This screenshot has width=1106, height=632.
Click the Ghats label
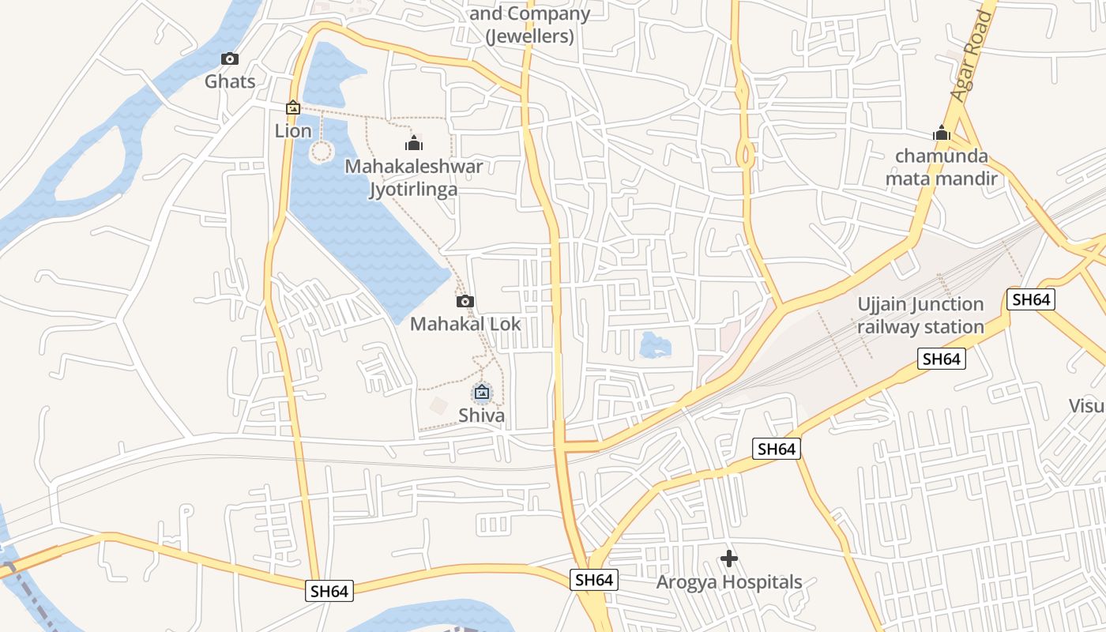[x=230, y=81]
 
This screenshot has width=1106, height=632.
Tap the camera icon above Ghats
[x=230, y=59]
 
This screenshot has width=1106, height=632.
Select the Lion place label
[x=293, y=130]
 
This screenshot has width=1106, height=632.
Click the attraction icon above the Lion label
[x=293, y=107]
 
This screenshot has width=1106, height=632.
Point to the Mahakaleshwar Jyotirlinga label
[x=413, y=178]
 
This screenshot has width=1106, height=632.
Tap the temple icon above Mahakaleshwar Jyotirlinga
[x=414, y=143]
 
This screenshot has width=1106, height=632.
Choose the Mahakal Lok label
[x=465, y=323]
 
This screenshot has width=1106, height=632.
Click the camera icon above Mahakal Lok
[x=465, y=301]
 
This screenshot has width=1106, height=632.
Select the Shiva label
[x=481, y=415]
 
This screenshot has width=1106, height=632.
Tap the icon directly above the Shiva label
[x=482, y=392]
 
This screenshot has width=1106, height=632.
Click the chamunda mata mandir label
[x=941, y=167]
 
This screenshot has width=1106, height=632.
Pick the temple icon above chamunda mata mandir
[x=941, y=133]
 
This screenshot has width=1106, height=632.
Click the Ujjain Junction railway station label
[x=920, y=315]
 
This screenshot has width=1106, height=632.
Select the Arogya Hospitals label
[x=729, y=582]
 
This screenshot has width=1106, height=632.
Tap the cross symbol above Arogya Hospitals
[x=729, y=559]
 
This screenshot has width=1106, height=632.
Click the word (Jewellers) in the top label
[x=529, y=36]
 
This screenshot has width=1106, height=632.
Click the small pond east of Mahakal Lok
[x=654, y=344]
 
